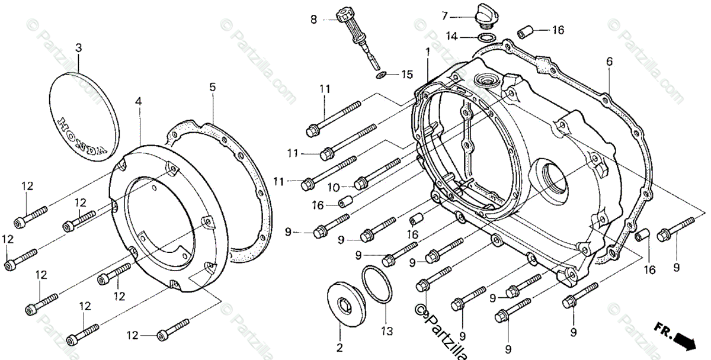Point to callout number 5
point(212,87)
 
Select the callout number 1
point(427,53)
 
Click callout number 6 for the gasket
point(608,61)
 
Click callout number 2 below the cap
point(340,347)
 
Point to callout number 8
point(314,20)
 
